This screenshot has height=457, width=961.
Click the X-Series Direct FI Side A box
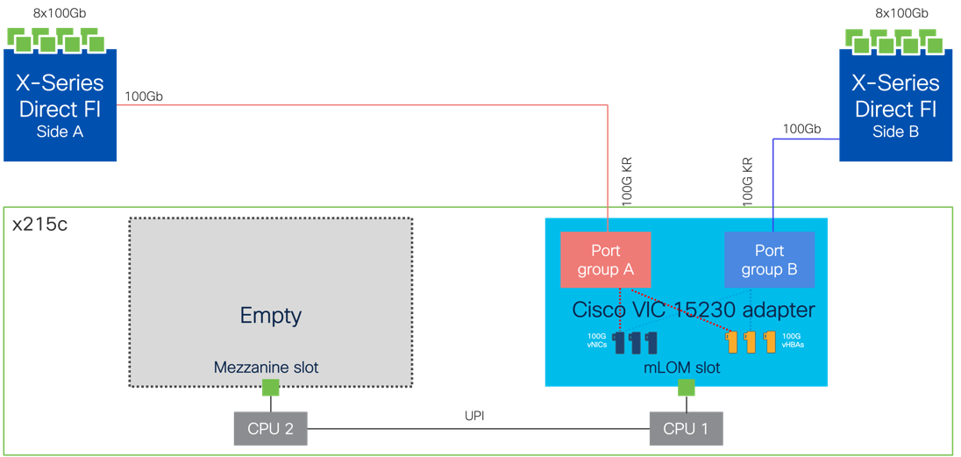point(60,105)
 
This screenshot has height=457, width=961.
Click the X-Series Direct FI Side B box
point(895,105)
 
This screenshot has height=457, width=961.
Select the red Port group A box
point(605,261)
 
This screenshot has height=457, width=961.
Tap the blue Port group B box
point(769,261)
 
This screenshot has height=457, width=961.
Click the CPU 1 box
point(687,429)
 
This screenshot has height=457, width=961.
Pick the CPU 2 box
point(271,429)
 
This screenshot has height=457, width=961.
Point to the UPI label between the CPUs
point(473,416)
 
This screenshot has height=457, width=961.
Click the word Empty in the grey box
point(271,315)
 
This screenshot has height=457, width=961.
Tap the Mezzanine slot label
point(267,368)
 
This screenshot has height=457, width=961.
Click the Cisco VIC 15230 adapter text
point(693,310)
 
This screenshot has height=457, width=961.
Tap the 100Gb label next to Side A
point(144,96)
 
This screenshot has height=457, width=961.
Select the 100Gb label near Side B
point(801,129)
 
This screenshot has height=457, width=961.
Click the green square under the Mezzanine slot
point(271,387)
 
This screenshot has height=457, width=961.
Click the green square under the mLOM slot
point(687,387)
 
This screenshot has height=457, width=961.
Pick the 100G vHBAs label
point(792,340)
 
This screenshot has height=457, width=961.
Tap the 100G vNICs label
point(597,340)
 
